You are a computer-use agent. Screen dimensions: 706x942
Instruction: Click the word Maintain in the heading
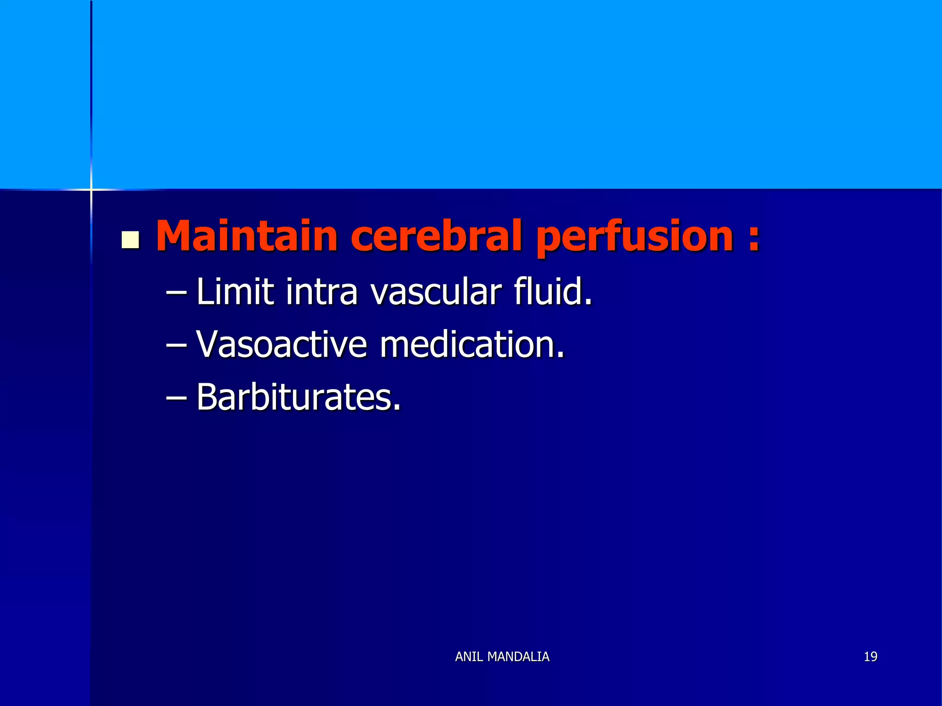[247, 236]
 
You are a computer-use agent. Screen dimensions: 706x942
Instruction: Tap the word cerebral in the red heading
[436, 236]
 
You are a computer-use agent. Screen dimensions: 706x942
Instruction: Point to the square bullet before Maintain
[131, 240]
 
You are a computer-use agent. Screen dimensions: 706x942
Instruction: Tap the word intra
[321, 292]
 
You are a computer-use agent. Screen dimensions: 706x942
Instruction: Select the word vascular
[436, 292]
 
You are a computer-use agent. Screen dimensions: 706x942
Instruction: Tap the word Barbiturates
[295, 397]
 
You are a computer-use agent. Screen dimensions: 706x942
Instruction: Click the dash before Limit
[176, 293]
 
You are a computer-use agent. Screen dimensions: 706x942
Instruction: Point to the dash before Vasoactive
[176, 345]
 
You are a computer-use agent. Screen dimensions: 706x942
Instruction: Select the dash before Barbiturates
[176, 398]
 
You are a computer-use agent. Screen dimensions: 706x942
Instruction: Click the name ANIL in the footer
[469, 657]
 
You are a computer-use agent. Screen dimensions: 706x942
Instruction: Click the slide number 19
[870, 657]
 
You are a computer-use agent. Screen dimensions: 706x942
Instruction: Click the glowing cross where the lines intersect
[91, 189]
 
